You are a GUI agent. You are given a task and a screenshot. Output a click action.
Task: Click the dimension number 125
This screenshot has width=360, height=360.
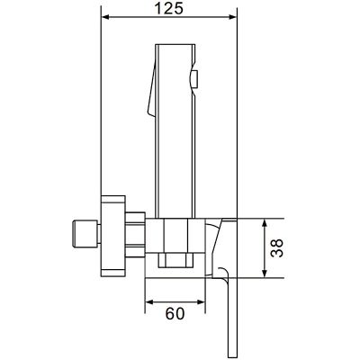[x=168, y=8]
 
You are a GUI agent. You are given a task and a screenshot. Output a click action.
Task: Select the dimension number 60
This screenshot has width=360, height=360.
[x=175, y=314]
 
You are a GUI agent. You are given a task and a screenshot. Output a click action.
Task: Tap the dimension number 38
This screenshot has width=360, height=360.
[x=276, y=248]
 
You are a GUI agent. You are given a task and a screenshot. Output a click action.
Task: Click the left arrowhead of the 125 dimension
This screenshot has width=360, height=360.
[x=105, y=17]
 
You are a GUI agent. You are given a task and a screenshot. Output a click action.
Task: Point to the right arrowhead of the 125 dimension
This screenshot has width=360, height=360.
[x=233, y=17]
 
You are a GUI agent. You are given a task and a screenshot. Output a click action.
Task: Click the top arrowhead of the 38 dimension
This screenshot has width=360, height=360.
[x=265, y=223]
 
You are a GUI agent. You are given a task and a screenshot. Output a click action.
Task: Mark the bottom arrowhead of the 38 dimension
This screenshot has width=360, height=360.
[x=265, y=274]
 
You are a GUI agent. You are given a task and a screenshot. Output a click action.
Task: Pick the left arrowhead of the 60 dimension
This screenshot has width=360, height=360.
[x=149, y=302]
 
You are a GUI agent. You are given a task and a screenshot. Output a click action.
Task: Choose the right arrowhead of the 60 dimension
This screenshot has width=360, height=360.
[x=202, y=302]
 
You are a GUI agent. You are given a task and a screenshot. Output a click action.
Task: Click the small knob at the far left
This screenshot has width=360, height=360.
[x=86, y=234]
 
